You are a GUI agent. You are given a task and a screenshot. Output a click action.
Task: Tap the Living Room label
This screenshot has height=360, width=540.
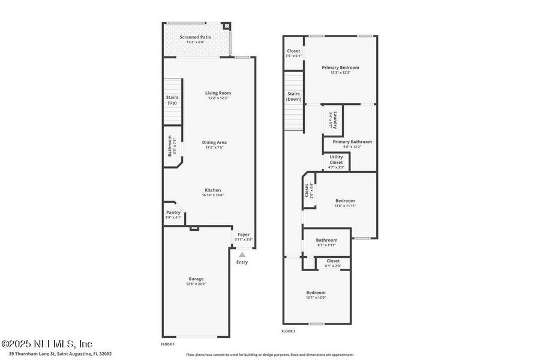tap(218, 93)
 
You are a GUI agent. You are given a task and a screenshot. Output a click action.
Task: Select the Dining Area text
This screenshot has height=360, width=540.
tap(214, 142)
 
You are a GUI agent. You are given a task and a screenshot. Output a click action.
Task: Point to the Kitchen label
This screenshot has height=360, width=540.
tap(213, 190)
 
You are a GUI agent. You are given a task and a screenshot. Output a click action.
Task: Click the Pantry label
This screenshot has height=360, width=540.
tap(173, 212)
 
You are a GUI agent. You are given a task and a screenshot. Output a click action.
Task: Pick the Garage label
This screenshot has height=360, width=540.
tap(196, 278)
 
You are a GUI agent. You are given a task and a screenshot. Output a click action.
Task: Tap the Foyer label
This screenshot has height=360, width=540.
tap(243, 235)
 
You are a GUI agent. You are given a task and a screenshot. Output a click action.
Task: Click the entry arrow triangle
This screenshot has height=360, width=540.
tap(242, 255)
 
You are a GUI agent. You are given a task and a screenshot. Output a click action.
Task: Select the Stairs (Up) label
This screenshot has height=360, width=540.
tap(172, 100)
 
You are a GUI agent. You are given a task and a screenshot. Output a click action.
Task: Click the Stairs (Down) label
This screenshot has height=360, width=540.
tap(293, 96)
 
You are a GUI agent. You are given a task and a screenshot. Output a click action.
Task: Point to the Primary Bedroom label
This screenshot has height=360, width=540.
tap(340, 68)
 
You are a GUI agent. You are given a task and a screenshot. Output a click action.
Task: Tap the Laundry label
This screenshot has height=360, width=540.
tap(336, 120)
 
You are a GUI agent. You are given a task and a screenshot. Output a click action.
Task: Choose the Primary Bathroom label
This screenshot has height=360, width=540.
tap(352, 142)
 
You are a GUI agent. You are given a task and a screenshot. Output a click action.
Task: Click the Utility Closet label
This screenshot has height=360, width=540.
tap(337, 160)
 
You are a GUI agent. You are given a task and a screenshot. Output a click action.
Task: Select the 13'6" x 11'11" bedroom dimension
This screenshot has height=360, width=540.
tap(345, 206)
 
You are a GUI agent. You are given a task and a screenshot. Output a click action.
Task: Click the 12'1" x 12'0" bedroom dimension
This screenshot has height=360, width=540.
tap(316, 298)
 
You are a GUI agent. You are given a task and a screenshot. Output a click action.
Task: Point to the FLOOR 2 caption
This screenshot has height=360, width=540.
tap(289, 331)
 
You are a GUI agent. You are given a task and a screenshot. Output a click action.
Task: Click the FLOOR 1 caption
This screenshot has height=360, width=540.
tap(167, 344)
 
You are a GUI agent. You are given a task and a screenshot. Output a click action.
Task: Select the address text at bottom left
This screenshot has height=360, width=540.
tap(56, 354)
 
